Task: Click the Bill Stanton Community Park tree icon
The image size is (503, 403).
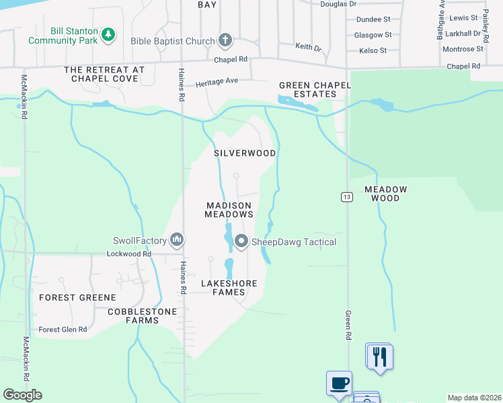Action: point(108,33)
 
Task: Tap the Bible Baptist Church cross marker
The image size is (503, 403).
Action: point(225,41)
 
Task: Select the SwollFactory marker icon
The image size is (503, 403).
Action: point(177,240)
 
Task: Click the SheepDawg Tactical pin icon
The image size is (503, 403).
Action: point(241,241)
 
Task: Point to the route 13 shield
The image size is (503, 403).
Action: point(346,197)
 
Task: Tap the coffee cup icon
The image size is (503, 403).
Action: point(340,383)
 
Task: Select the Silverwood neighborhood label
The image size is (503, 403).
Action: point(245,153)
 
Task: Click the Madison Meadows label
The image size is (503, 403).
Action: point(229,210)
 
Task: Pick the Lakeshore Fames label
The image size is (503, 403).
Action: point(229,287)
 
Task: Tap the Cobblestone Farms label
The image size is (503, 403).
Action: point(143,316)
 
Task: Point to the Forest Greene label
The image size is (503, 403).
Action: point(77,297)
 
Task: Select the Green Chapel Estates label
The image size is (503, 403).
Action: point(308,89)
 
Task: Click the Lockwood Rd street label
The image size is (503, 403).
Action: point(129,254)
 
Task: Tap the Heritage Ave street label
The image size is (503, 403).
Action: point(217,82)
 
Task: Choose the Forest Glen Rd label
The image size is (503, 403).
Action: point(63,329)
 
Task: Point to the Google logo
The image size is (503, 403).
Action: point(22,395)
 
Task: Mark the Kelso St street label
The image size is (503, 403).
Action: point(373,50)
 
